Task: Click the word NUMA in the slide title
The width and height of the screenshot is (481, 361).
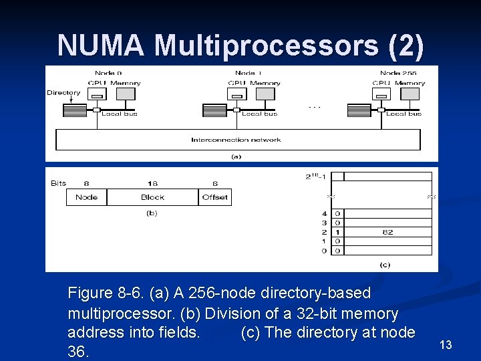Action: [x=102, y=45]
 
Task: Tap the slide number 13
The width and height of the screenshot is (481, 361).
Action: [x=446, y=345]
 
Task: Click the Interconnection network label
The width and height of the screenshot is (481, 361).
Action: [x=236, y=140]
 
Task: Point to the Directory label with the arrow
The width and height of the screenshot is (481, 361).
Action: [x=63, y=93]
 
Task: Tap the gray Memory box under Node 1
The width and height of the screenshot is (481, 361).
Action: [x=265, y=94]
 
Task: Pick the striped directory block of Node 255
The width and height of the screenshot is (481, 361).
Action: [x=359, y=110]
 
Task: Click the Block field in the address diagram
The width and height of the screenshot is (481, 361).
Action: [x=152, y=197]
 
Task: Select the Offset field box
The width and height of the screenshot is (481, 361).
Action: [x=215, y=197]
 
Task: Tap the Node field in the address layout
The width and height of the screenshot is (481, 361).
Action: [x=86, y=197]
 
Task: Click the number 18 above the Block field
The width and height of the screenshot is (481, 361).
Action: [x=152, y=183]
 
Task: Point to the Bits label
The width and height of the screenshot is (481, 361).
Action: [x=59, y=183]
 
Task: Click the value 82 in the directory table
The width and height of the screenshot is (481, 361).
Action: [x=387, y=232]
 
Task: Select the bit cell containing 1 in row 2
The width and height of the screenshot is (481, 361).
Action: [x=338, y=232]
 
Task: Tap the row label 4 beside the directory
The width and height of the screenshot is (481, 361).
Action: [x=324, y=214]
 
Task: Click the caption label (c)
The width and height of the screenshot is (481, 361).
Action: [x=385, y=265]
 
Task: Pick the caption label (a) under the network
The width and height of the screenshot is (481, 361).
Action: [x=236, y=156]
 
